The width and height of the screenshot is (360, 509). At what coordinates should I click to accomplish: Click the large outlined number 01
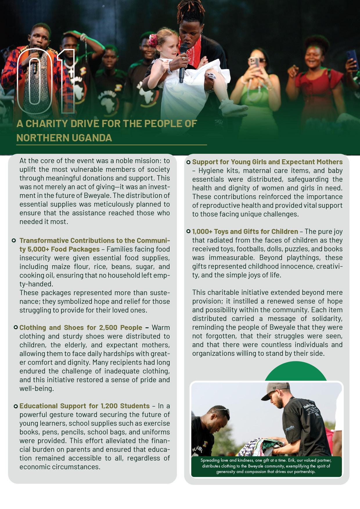click(46, 81)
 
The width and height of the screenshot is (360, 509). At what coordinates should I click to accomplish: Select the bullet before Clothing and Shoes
click(16, 328)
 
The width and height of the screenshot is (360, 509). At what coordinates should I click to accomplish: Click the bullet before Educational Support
click(16, 406)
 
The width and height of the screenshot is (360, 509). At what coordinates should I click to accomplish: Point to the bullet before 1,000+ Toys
click(188, 232)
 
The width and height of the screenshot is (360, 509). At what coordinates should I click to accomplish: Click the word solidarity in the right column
click(326, 319)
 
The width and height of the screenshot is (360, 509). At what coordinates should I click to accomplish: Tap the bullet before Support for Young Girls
click(188, 162)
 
